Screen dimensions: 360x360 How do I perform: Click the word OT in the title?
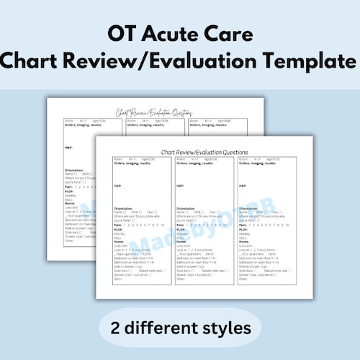(122, 34)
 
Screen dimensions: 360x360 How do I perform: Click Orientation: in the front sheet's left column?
(125, 208)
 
